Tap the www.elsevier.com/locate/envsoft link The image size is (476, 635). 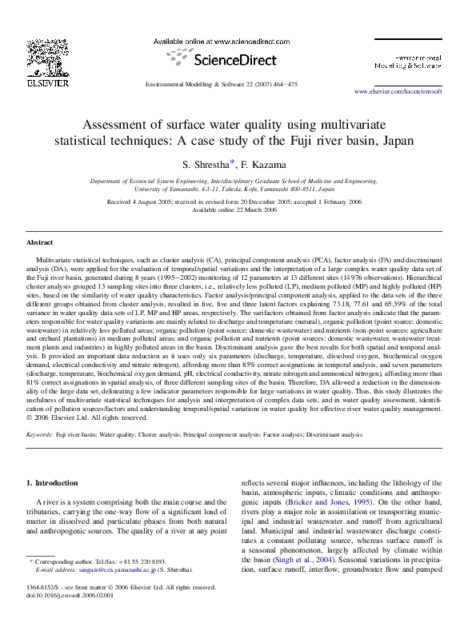pos(408,93)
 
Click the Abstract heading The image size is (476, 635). pos(40,242)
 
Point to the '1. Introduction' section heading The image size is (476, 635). pos(53,483)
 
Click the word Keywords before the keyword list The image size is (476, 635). pos(40,435)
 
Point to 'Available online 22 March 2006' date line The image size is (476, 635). pos(238,210)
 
